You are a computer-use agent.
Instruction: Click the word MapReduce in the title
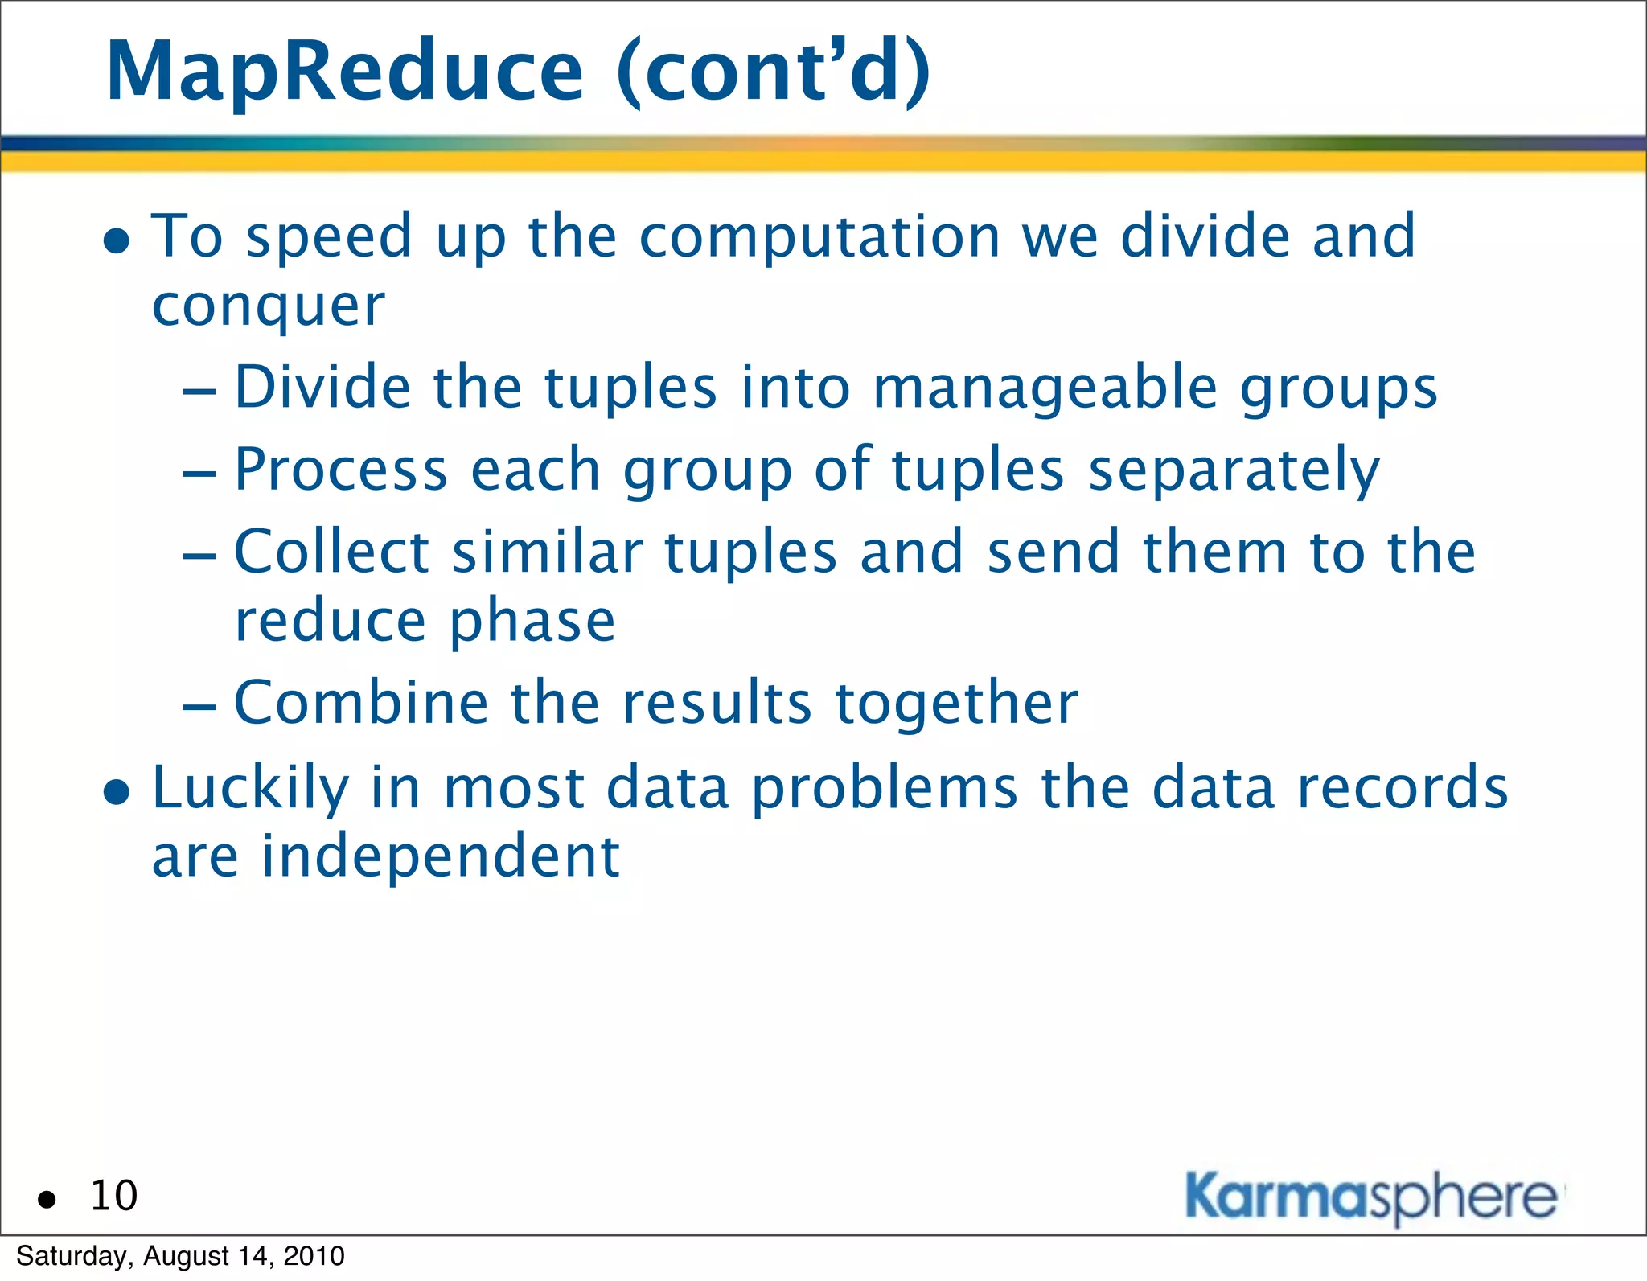[344, 72]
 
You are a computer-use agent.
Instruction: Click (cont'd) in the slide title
[773, 72]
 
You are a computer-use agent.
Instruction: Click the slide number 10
[113, 1196]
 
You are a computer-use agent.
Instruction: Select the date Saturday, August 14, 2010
[180, 1256]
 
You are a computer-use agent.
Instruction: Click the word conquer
[269, 307]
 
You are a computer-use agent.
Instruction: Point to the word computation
[819, 237]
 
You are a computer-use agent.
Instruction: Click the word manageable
[1045, 388]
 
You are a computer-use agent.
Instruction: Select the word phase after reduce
[532, 622]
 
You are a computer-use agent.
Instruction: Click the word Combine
[360, 703]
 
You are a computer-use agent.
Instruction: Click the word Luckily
[250, 788]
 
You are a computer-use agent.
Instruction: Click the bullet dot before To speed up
[117, 240]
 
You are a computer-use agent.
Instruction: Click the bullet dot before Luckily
[117, 792]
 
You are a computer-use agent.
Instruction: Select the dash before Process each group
[199, 474]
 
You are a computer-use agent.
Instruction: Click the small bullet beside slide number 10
[47, 1200]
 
